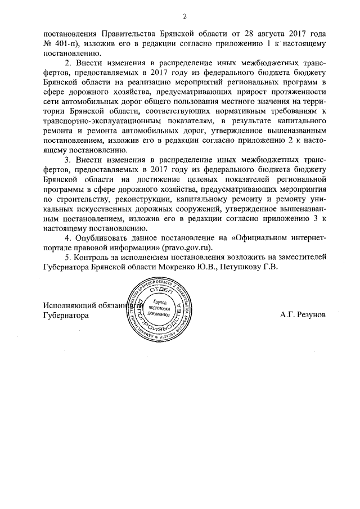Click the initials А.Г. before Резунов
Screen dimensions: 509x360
tap(286, 316)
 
